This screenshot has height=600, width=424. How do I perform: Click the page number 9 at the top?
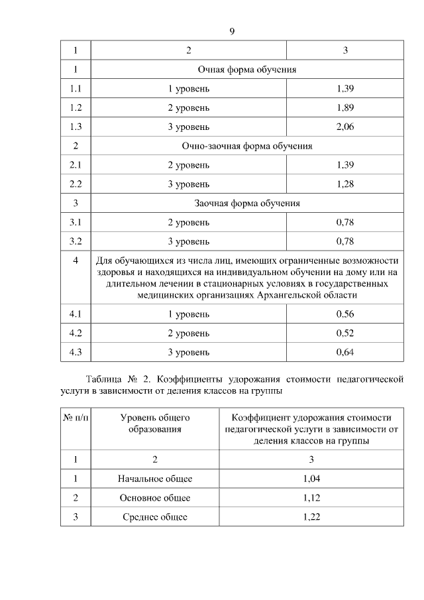pos(232,31)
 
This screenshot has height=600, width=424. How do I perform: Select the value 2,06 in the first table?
pos(345,126)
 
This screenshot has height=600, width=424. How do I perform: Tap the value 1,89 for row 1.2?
pos(345,107)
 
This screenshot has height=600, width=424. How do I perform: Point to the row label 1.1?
pos(76,88)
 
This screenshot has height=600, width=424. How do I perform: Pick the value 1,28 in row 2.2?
pos(345,184)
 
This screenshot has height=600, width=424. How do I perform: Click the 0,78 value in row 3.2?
pos(345,241)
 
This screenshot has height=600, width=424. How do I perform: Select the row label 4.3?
pos(76,351)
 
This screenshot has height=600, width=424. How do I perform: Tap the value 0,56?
pos(345,313)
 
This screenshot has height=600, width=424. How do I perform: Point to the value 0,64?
pos(345,351)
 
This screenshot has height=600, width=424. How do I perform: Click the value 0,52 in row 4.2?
pos(345,332)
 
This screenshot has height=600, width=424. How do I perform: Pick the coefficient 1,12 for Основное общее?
pos(311,497)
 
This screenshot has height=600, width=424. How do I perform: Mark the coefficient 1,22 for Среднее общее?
pos(311,516)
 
